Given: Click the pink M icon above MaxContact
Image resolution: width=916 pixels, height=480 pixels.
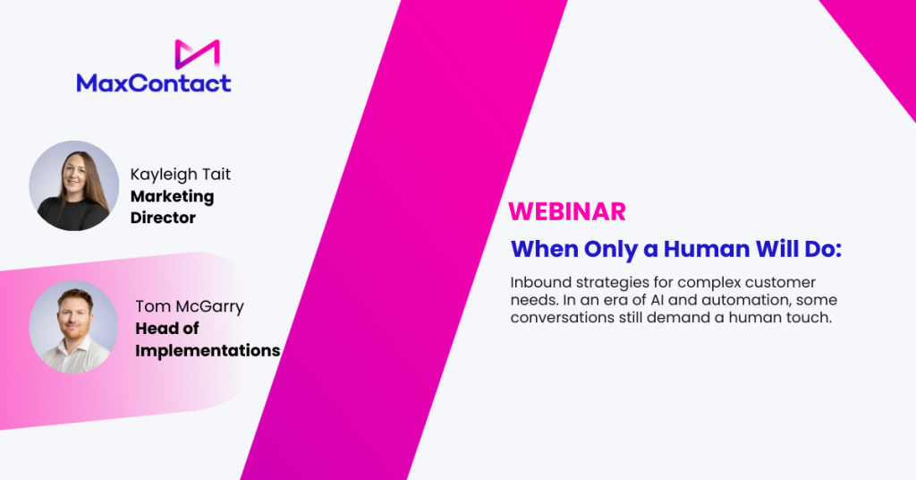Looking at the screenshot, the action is [x=197, y=54].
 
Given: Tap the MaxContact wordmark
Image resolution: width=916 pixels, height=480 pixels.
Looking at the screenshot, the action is [x=154, y=83].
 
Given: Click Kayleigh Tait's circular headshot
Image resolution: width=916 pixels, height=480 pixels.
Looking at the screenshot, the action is [x=74, y=185].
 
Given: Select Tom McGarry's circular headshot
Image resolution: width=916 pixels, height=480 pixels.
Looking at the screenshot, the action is [x=73, y=327].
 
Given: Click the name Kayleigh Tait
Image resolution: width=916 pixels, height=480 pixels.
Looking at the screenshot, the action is [x=181, y=175].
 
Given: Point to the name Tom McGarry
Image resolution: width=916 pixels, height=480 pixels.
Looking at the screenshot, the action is [x=190, y=306].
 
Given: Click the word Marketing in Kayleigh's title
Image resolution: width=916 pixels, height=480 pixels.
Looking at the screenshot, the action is [x=173, y=197].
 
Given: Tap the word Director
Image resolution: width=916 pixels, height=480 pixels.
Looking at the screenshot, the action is [x=163, y=218].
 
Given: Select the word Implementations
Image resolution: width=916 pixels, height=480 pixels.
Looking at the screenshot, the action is [x=208, y=351].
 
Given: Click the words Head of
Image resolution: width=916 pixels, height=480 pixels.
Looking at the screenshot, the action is [x=167, y=329].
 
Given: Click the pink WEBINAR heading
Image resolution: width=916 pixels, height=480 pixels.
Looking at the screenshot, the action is [x=567, y=211].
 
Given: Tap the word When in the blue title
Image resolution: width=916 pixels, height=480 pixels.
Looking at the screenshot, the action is [x=545, y=249].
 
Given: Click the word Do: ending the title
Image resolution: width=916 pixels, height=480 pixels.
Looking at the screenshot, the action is [x=823, y=249].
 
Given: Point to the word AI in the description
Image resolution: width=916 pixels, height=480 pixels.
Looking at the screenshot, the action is [x=657, y=300].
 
